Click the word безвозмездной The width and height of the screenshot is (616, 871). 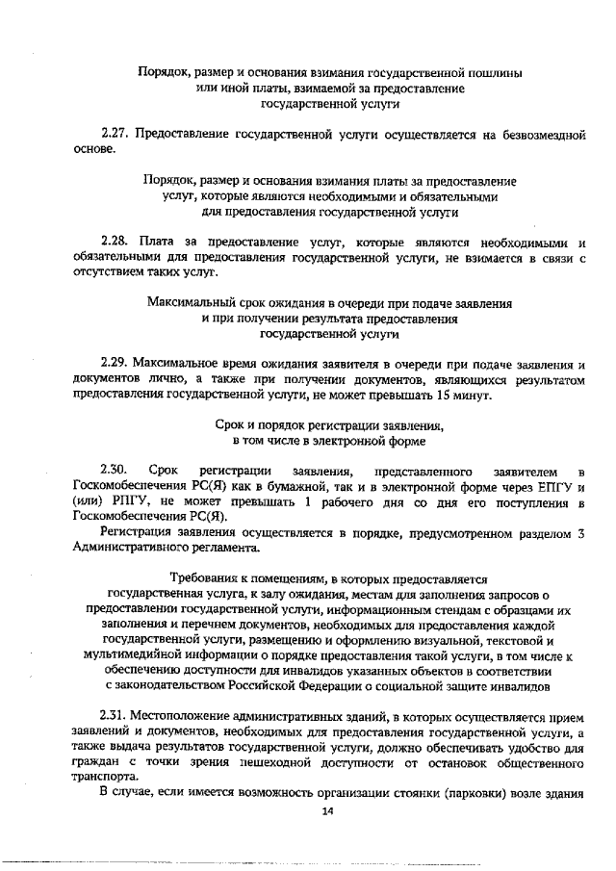[x=543, y=136]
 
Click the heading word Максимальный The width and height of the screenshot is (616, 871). [x=192, y=302]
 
